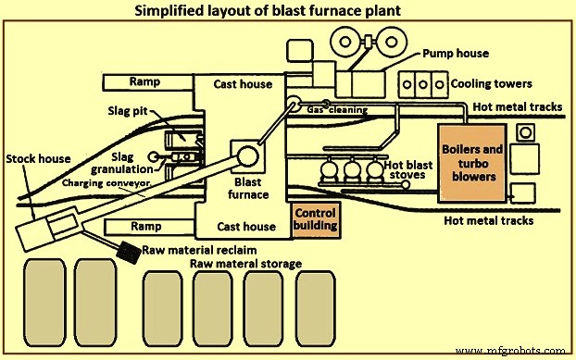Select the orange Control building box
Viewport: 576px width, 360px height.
(316, 218)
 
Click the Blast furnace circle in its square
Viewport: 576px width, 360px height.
(249, 155)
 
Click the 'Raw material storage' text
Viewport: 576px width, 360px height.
(246, 264)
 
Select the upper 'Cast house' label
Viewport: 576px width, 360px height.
(244, 84)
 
